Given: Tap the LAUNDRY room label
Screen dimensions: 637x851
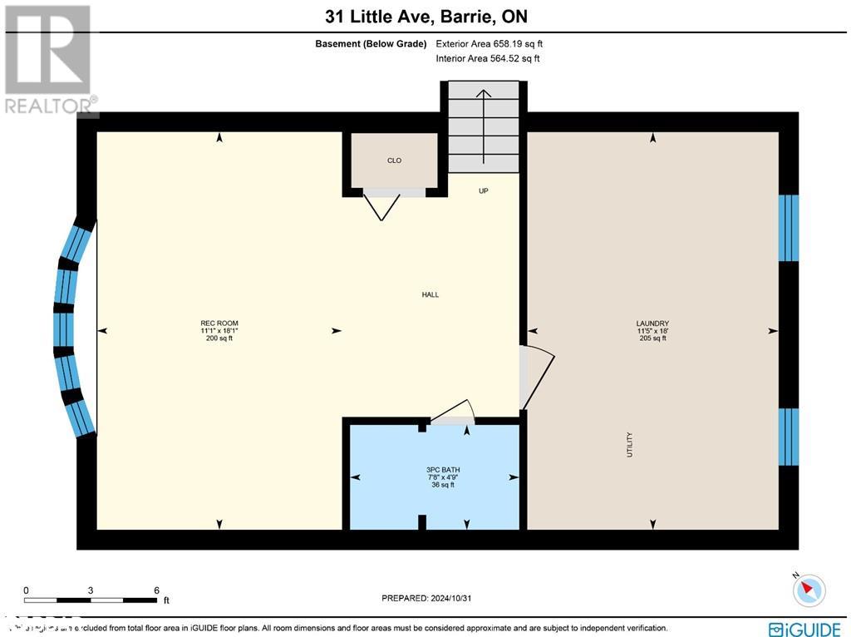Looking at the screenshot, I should tap(652, 323).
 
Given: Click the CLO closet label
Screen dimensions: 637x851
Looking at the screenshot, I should tap(394, 160).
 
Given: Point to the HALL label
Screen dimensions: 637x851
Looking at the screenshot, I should tap(430, 294).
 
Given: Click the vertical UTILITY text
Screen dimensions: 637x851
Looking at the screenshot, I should tap(630, 443).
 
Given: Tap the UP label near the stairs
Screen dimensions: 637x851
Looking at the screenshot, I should tap(483, 190).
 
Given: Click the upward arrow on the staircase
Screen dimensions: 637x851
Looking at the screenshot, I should tap(483, 116).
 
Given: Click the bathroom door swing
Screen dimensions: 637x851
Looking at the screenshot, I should tap(453, 412).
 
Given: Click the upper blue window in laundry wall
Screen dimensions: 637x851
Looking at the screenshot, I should tap(788, 228).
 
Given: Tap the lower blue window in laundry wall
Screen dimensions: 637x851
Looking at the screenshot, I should tap(788, 437).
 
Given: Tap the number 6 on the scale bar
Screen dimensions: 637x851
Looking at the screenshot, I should tap(156, 590).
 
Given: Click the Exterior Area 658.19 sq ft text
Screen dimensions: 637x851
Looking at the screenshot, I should tap(489, 43).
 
